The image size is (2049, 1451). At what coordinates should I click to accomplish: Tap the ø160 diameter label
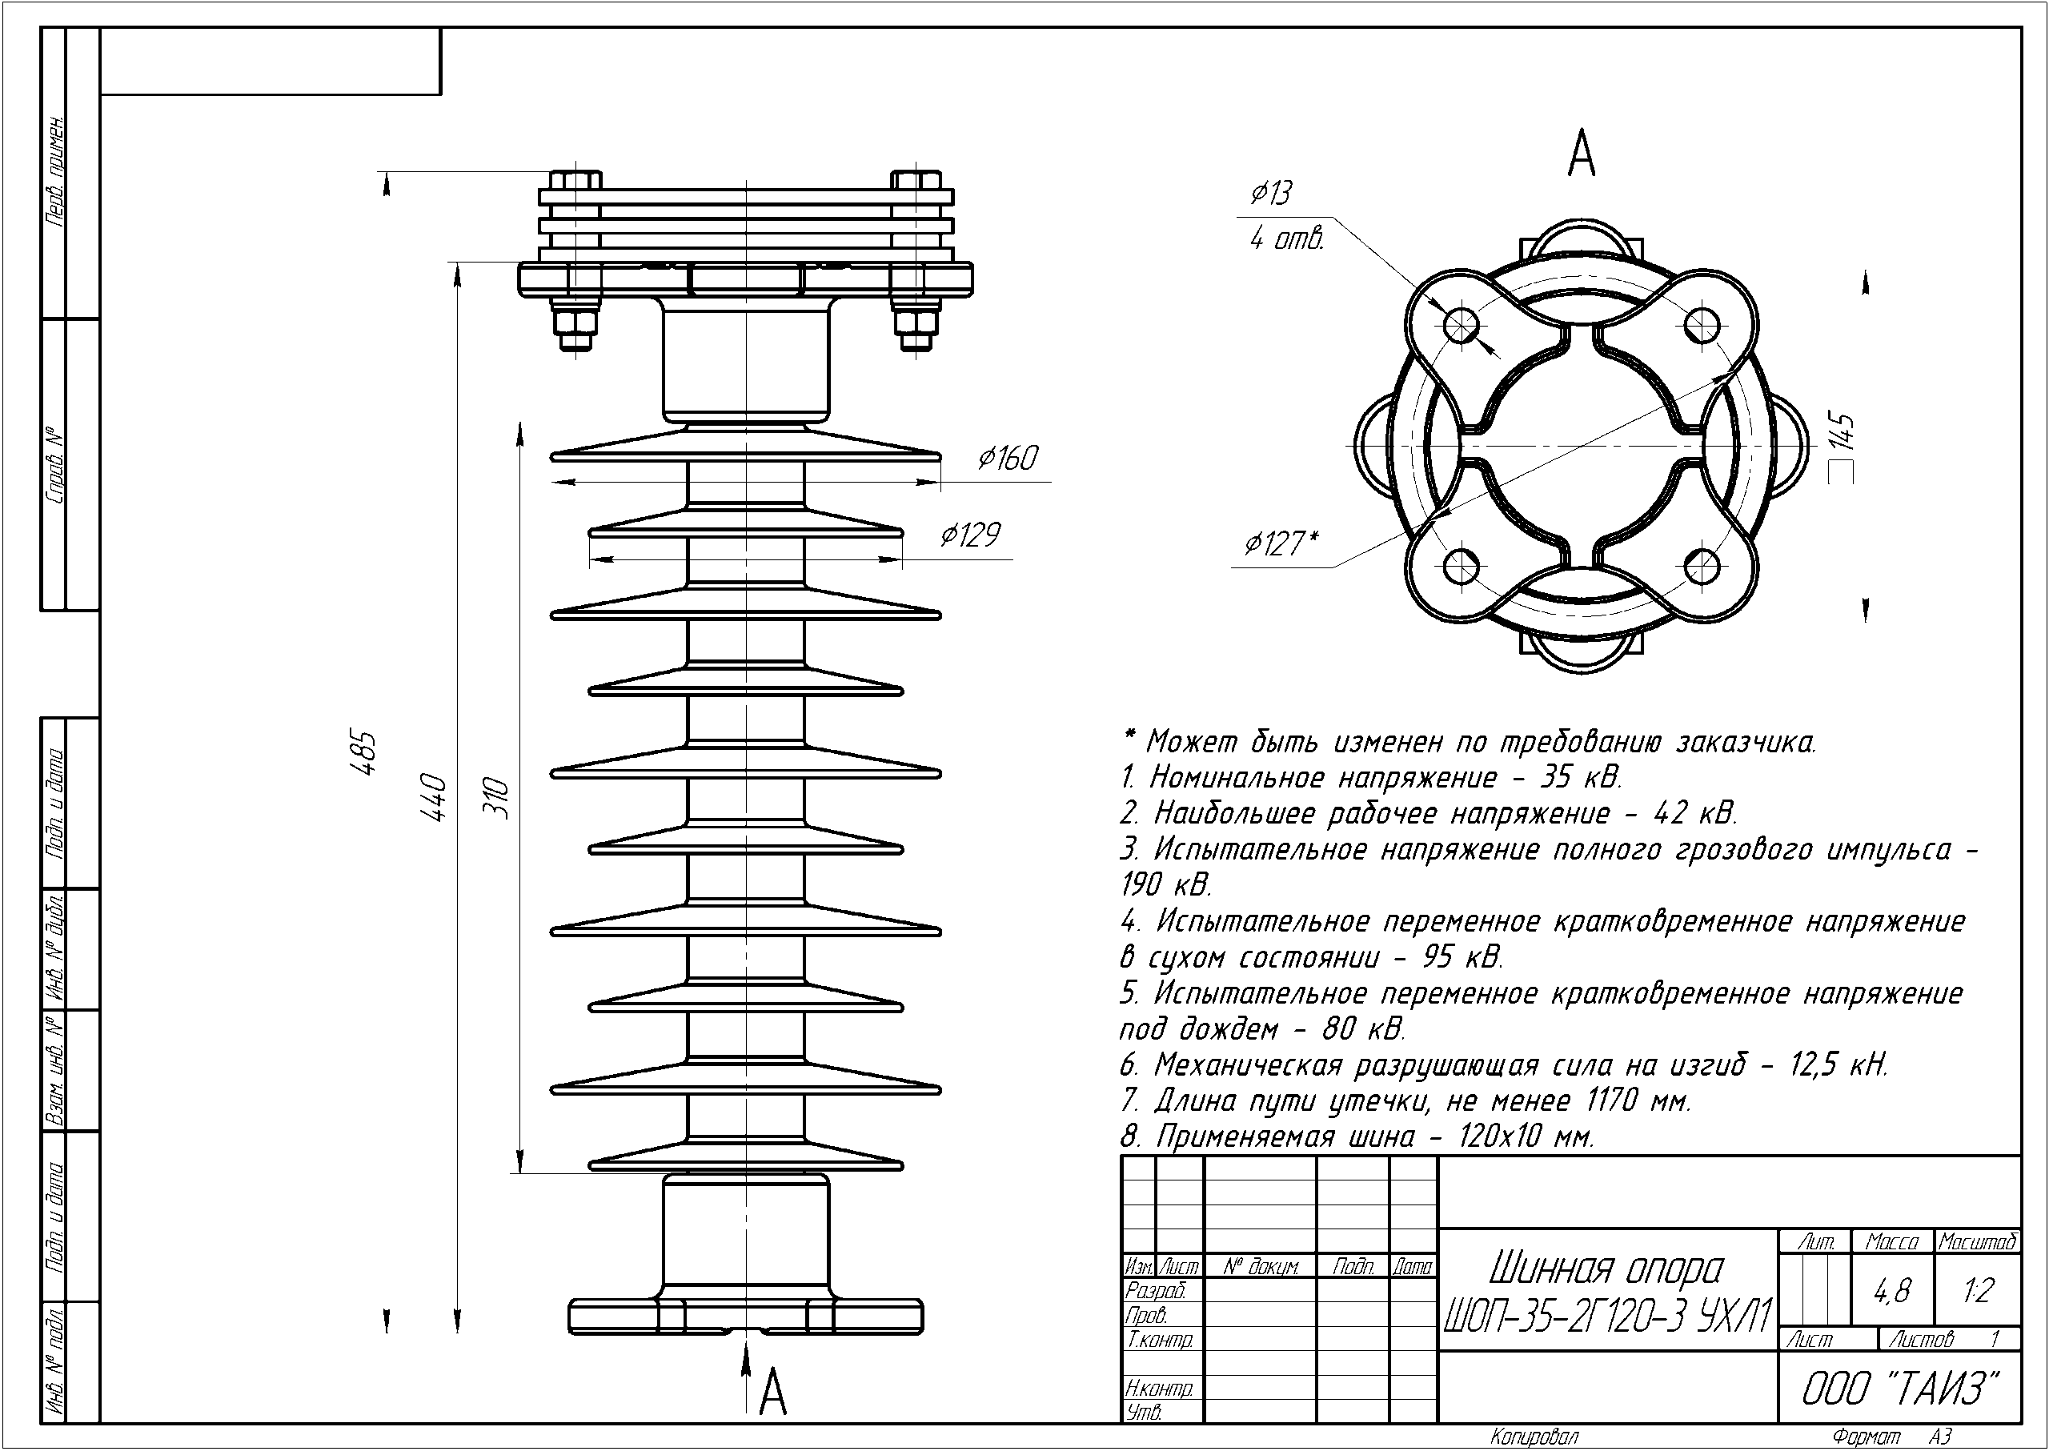tap(1007, 459)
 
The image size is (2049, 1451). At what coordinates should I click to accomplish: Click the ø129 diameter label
tap(969, 535)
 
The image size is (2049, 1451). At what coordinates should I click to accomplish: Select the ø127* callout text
tap(1281, 543)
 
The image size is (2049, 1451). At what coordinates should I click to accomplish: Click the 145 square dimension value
tap(1842, 433)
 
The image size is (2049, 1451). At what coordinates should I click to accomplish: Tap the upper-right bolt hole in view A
tap(1702, 324)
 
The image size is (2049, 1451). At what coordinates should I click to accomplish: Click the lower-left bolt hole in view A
tap(1461, 565)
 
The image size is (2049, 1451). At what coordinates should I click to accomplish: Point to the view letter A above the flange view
tap(1582, 154)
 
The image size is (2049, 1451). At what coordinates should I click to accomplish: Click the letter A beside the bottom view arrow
tap(773, 1393)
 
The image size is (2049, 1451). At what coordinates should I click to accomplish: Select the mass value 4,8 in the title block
tap(1892, 1291)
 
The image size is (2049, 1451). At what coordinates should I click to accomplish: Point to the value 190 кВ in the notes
tap(1166, 884)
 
